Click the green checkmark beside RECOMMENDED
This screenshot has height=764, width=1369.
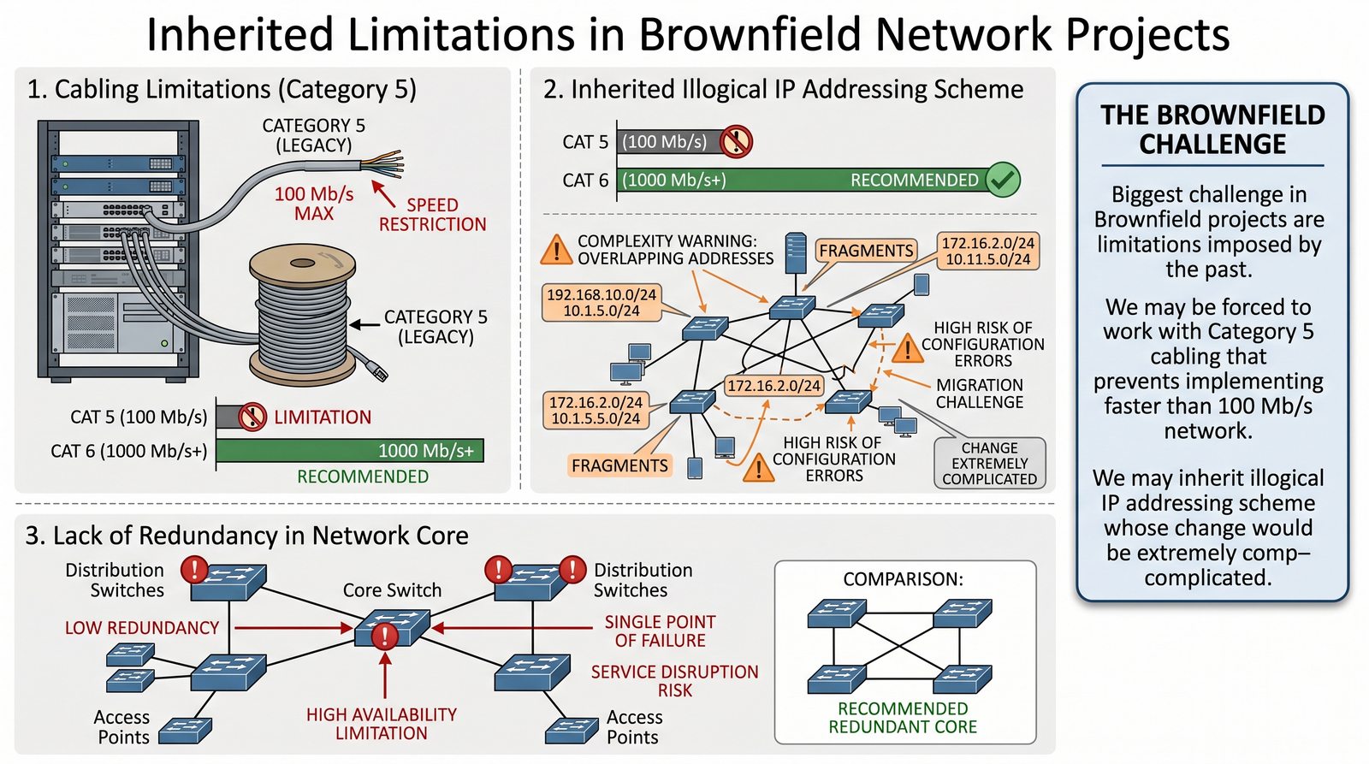(x=1002, y=180)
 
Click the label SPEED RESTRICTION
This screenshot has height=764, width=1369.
(x=432, y=215)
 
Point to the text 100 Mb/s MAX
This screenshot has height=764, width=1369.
(x=314, y=204)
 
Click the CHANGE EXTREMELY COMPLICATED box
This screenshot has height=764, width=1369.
(x=989, y=463)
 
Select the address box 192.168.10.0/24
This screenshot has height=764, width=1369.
(x=602, y=303)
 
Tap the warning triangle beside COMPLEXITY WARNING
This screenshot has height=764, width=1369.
(x=556, y=249)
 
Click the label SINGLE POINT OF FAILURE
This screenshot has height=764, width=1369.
(x=660, y=631)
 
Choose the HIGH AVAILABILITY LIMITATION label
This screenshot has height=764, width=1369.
(x=382, y=724)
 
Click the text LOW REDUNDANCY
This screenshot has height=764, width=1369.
(x=142, y=628)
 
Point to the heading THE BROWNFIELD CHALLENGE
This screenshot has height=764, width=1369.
(x=1212, y=129)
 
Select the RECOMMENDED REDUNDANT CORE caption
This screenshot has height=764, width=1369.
(x=903, y=718)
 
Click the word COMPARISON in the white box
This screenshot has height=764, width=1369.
(x=903, y=579)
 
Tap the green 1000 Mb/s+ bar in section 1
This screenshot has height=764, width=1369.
(x=350, y=450)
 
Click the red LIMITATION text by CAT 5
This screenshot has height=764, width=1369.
(x=323, y=418)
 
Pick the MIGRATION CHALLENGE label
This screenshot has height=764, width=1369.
(x=979, y=394)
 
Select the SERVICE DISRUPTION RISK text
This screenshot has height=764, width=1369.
(x=674, y=681)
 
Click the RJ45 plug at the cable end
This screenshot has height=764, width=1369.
(x=376, y=370)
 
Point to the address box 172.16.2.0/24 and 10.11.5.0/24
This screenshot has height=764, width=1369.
(x=988, y=251)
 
